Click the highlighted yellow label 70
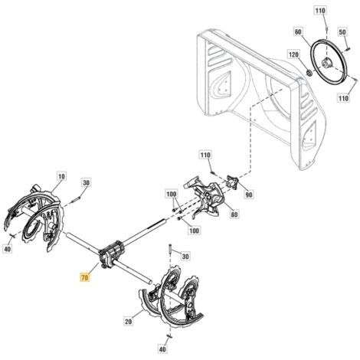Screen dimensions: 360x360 click(x=84, y=277)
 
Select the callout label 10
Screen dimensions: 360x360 click(x=61, y=176)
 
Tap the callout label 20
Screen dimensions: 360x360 click(x=129, y=321)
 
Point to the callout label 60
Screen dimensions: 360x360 click(x=298, y=31)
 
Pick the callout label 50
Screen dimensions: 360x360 click(x=342, y=32)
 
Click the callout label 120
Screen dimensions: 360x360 click(x=293, y=54)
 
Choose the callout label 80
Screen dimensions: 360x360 click(x=234, y=214)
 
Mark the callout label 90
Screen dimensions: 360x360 click(x=248, y=195)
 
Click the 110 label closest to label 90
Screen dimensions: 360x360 click(x=205, y=155)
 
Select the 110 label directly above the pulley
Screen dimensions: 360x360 click(x=320, y=11)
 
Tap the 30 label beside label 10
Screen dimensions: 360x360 click(x=87, y=183)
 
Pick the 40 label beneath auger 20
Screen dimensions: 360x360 click(x=162, y=349)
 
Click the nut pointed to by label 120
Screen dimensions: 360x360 click(x=309, y=74)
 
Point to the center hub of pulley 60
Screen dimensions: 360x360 click(x=327, y=62)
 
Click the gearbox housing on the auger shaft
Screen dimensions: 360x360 click(x=112, y=255)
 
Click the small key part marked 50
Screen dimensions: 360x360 click(x=349, y=48)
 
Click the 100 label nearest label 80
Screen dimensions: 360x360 click(x=194, y=231)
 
